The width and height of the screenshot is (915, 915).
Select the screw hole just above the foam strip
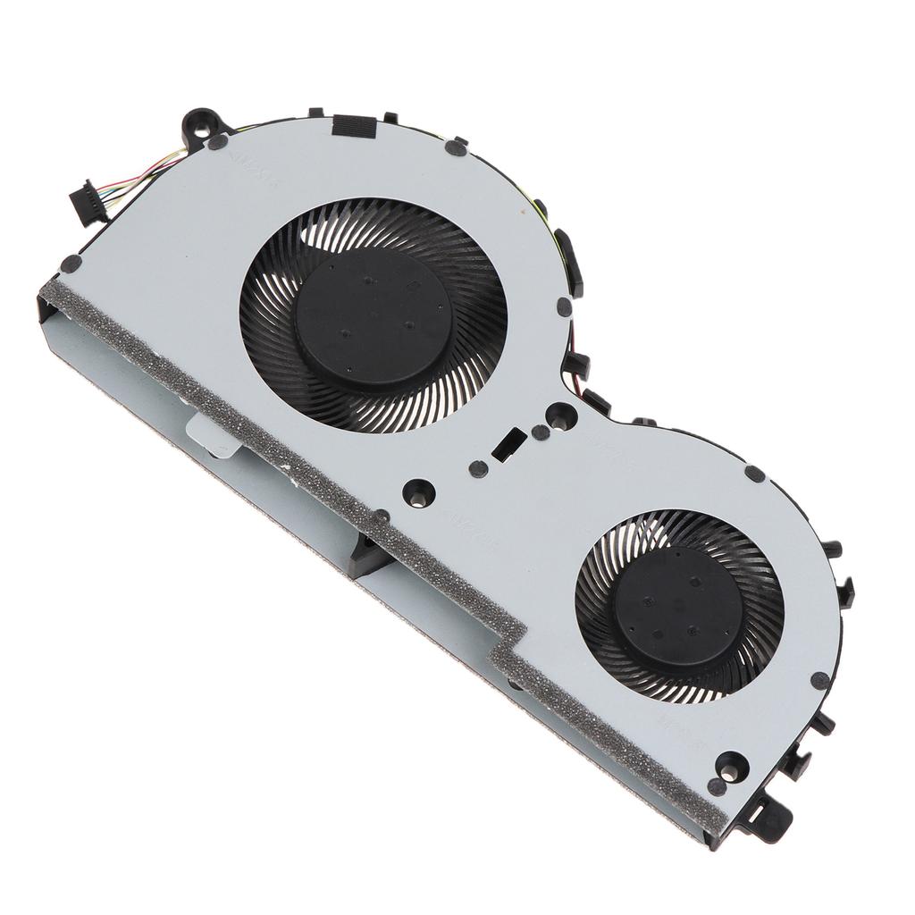[x=418, y=491]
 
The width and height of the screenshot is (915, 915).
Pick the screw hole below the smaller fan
[x=731, y=765]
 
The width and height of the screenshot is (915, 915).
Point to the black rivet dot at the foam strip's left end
[x=71, y=263]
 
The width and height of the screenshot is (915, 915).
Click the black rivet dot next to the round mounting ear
[x=217, y=142]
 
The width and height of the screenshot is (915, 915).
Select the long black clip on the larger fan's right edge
[x=568, y=262]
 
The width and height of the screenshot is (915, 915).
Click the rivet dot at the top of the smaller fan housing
[x=754, y=474]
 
